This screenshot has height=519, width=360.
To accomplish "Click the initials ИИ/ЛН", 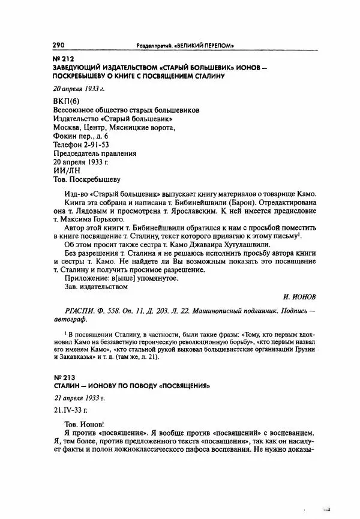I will [x=61, y=169].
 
